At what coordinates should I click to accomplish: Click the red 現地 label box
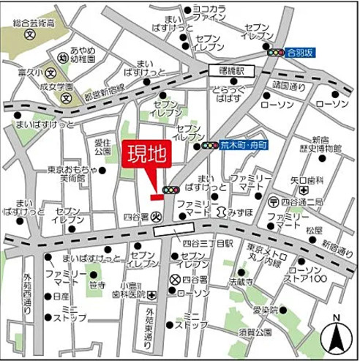coord(146,155)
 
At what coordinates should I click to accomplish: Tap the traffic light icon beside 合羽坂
coord(276,53)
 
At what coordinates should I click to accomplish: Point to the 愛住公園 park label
coord(105,146)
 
